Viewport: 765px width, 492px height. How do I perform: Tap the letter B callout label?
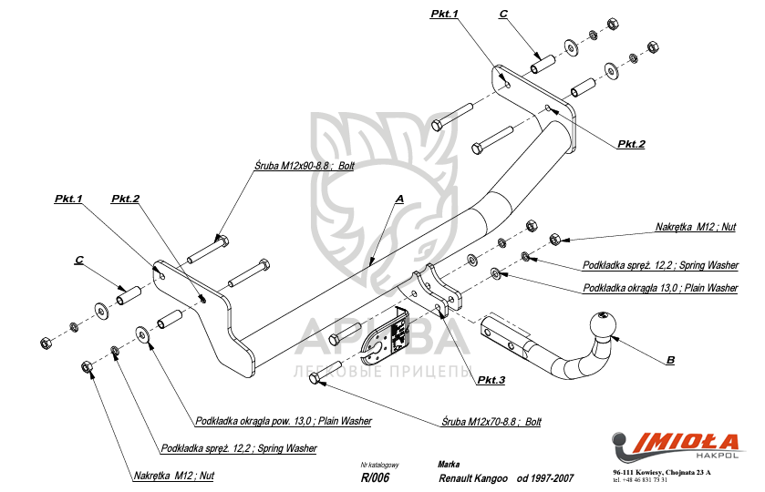(x=670, y=361)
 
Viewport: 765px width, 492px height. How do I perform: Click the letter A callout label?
(x=399, y=198)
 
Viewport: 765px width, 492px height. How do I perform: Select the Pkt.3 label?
(x=490, y=380)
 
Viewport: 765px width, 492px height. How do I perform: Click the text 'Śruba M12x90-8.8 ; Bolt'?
(x=305, y=167)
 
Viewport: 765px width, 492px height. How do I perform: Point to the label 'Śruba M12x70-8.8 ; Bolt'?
(x=491, y=422)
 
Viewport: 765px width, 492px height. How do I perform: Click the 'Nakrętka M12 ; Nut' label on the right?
(x=696, y=227)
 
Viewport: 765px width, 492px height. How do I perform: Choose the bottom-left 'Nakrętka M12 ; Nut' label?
(x=173, y=476)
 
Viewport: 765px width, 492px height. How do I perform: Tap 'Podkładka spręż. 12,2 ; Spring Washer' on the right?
(x=660, y=265)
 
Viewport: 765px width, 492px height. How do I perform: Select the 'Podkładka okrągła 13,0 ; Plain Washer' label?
(x=660, y=288)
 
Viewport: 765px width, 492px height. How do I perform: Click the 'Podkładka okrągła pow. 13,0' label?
(x=284, y=422)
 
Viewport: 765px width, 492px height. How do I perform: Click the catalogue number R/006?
(x=375, y=477)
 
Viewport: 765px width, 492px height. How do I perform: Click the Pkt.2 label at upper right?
(x=630, y=144)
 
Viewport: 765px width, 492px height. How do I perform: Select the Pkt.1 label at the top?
(x=444, y=14)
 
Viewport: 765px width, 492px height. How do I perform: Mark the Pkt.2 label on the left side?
(x=125, y=199)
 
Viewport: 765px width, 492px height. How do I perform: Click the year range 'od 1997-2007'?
(x=545, y=477)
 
